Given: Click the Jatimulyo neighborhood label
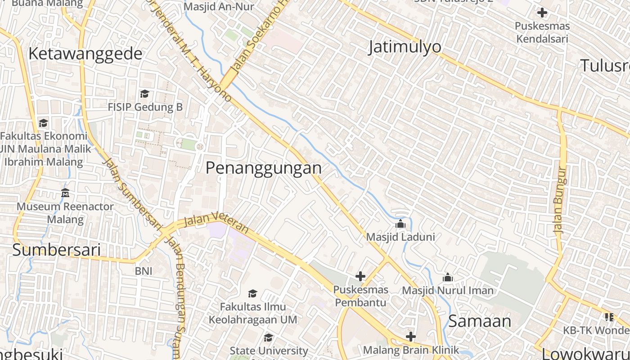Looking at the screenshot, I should click(405, 47).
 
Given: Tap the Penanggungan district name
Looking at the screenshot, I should click(264, 168).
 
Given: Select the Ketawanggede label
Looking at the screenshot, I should click(85, 54).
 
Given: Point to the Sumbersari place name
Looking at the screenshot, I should click(56, 250).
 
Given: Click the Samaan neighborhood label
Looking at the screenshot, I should click(480, 321).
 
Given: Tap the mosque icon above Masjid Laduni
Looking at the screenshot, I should click(400, 224).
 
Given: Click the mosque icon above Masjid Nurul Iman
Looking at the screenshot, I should click(448, 277).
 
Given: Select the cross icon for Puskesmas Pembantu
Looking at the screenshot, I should click(360, 276).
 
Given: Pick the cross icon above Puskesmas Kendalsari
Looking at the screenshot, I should click(542, 13).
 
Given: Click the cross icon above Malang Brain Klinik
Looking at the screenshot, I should click(411, 337).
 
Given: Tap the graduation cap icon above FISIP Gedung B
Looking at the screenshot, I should click(144, 94).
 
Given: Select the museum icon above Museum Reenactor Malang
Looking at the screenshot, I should click(65, 193).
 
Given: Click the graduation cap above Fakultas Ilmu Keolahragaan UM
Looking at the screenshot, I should click(253, 293).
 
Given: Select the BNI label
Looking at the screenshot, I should click(144, 271).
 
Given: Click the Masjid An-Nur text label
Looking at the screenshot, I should click(219, 6).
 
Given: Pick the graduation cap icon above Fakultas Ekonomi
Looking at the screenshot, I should click(43, 123).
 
